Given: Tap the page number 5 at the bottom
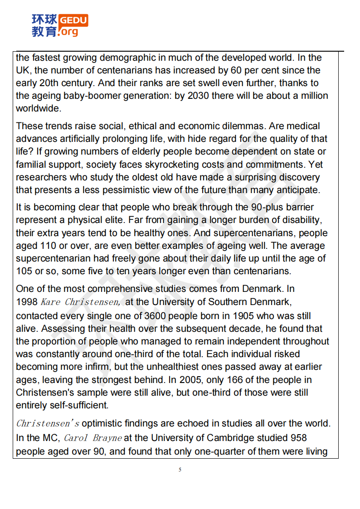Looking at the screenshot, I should pyautogui.click(x=180, y=470).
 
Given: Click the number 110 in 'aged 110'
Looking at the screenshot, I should pyautogui.click(x=57, y=246).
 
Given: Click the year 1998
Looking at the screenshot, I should pyautogui.click(x=27, y=302).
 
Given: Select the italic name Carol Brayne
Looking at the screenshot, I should pyautogui.click(x=92, y=438).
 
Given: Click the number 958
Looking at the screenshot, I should pyautogui.click(x=297, y=438).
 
